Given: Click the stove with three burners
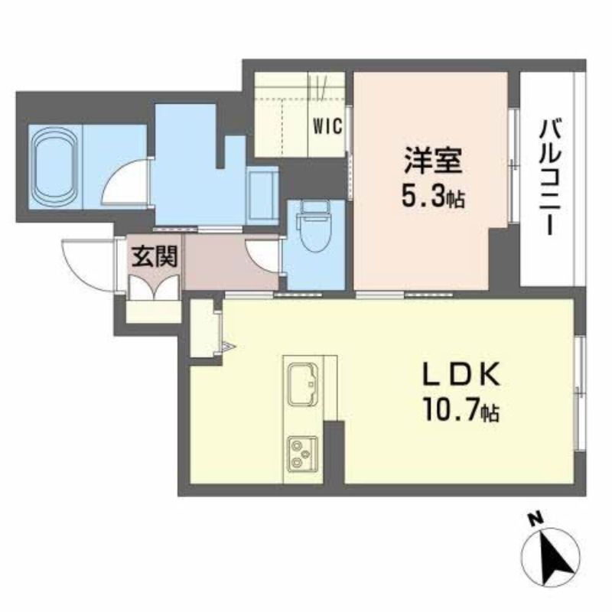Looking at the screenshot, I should [x=302, y=454].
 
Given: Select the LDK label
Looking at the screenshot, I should [x=463, y=376].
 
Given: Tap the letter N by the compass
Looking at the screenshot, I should [x=535, y=521].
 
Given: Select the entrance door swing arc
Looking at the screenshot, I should [x=83, y=264].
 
